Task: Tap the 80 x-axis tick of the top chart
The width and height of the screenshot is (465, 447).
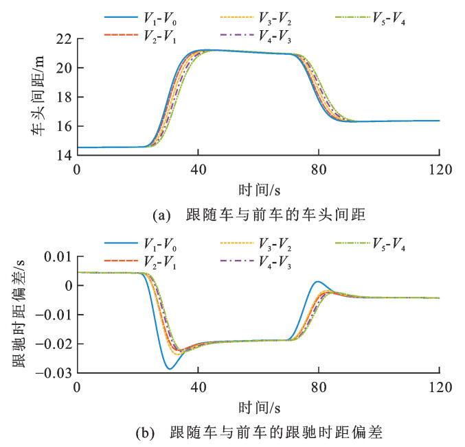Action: [x=318, y=168]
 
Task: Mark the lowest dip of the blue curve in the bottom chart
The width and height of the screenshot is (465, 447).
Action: [x=169, y=369]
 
